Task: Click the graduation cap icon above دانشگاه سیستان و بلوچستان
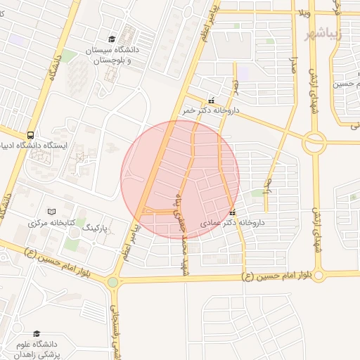point(112,39)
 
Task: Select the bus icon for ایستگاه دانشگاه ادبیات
point(30,134)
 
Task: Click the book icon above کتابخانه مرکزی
point(51,212)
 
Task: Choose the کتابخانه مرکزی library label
point(51,223)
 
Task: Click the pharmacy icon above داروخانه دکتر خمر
point(211,101)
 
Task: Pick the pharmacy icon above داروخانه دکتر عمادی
point(233,212)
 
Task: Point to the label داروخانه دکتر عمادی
point(232,223)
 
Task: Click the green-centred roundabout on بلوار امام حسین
point(112,282)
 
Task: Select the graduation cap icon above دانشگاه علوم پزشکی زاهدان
point(37,333)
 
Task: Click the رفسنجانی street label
point(117,330)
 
